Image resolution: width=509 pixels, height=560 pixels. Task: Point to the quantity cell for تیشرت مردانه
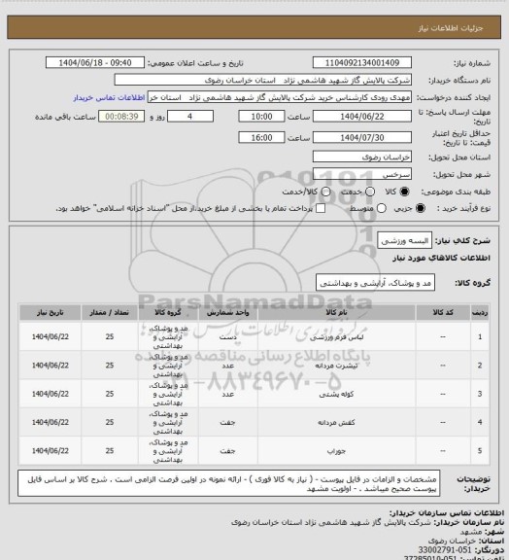pos(110,367)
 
